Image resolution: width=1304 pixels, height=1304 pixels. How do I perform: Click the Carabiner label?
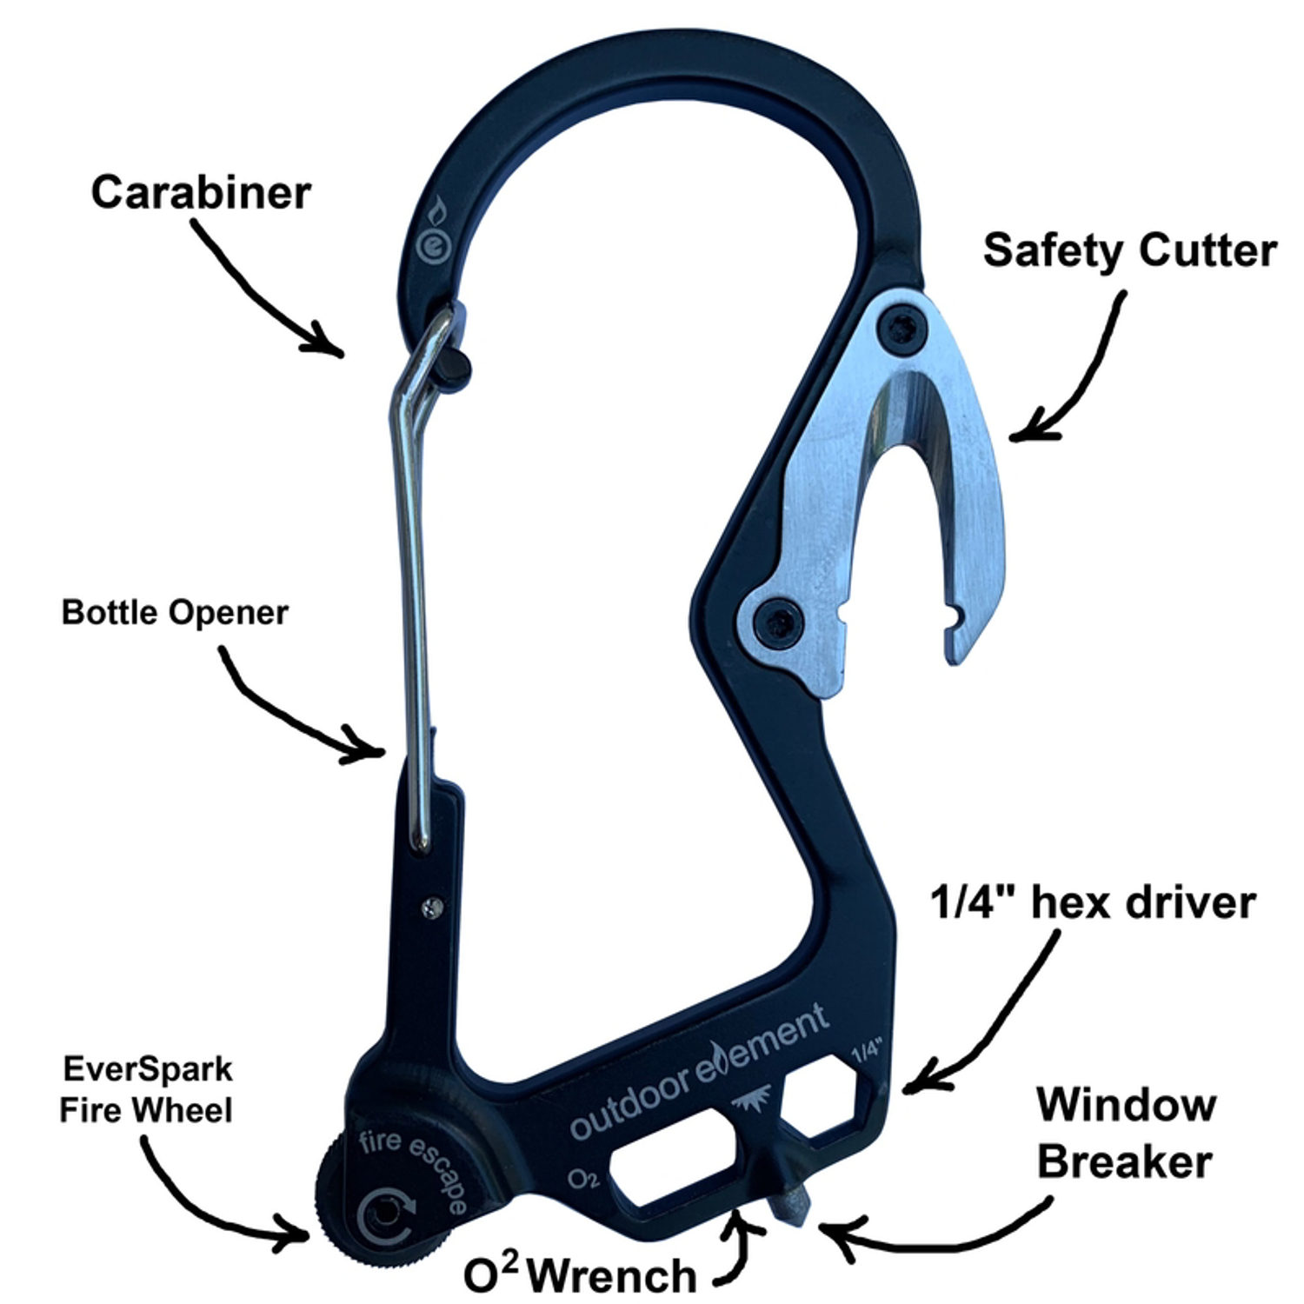click(201, 192)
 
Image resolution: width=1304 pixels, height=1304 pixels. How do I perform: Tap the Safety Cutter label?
click(1129, 250)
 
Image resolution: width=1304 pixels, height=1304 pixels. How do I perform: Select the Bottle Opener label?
click(175, 613)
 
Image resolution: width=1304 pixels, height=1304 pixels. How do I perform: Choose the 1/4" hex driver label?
click(1093, 902)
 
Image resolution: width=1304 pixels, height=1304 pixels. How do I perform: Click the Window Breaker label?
click(1126, 1134)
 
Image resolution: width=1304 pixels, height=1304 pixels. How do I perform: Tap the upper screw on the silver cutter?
click(902, 329)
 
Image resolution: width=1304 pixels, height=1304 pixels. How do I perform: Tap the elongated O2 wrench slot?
click(674, 1156)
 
